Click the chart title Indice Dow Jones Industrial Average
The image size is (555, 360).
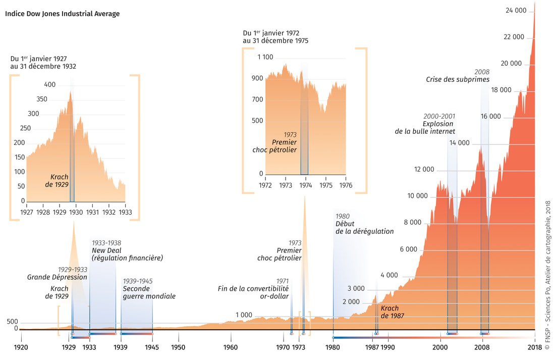coord(63,14)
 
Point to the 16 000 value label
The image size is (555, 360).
coord(490,117)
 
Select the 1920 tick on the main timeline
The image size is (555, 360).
coord(21,347)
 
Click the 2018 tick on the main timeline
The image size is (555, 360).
coord(534,347)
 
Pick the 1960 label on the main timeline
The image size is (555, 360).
coord(231,347)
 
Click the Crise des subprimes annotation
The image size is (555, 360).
coord(458,79)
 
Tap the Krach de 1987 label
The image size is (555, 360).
coord(390,312)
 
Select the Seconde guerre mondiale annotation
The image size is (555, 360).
coord(149,292)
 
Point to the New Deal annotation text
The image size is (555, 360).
coord(127,254)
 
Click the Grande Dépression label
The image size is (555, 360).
coord(57,277)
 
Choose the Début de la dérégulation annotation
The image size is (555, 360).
coord(364,227)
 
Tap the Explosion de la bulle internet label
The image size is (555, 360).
coord(425,127)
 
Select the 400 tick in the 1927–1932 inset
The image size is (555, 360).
coord(50,85)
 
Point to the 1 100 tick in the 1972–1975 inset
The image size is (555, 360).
coord(265,58)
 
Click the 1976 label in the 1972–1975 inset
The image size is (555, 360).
coord(346,185)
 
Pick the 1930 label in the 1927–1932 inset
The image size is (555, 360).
coord(76,213)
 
